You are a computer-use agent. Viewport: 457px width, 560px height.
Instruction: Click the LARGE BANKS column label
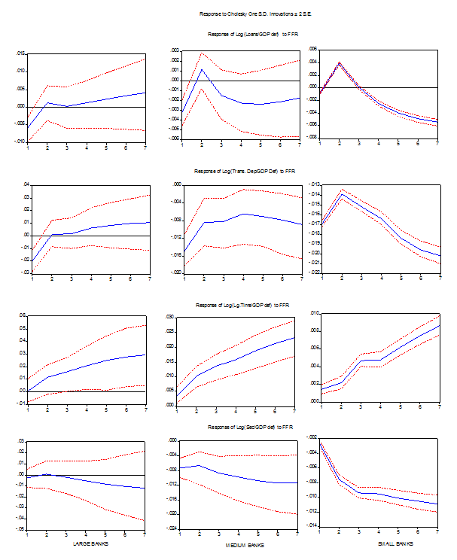point(88,543)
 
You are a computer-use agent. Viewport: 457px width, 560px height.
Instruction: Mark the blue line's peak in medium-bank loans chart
point(203,70)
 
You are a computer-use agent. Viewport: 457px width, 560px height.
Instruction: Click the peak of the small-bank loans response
point(340,63)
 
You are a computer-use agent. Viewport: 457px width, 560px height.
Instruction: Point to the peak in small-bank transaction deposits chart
point(340,194)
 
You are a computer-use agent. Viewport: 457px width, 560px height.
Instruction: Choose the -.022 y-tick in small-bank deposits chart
point(312,272)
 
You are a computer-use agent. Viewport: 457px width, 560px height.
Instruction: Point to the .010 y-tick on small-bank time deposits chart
point(313,312)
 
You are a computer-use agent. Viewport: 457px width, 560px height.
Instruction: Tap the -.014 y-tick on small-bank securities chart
point(312,525)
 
